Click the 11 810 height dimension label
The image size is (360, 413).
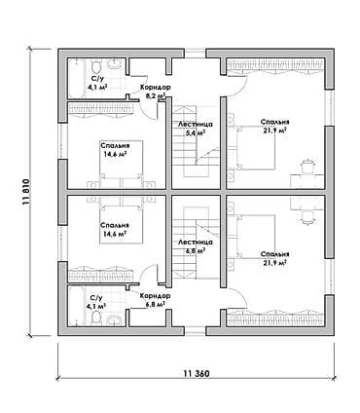coord(26,192)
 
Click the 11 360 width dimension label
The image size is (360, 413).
coord(197,374)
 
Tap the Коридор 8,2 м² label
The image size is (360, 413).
coord(155,92)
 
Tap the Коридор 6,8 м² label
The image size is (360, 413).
coord(155,300)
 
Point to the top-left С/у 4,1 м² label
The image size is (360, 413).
coord(97,83)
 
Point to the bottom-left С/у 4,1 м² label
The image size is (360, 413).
coord(97,302)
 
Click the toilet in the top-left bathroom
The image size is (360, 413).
coord(95,66)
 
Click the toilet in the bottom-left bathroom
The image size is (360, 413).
coord(96,318)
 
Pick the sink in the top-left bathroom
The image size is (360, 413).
coord(114,64)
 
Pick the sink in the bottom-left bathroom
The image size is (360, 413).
coord(114,320)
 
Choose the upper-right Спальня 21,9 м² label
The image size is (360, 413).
coord(274,126)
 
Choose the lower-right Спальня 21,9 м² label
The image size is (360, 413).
coord(274,258)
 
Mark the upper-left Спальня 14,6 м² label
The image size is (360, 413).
coord(115,149)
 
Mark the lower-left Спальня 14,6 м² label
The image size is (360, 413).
coord(115,229)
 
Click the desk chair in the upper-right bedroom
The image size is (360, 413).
coord(306,167)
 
